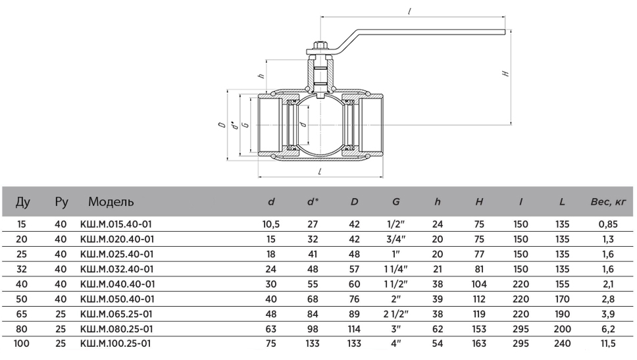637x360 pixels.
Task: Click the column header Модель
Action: (x=111, y=201)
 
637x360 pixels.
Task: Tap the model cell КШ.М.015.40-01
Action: (x=116, y=224)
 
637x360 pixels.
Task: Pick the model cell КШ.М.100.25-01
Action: (x=116, y=343)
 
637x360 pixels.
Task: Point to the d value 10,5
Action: (x=271, y=224)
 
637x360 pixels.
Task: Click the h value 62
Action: (x=438, y=328)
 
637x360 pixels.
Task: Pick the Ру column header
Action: (x=61, y=201)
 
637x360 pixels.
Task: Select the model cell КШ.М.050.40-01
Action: (x=116, y=298)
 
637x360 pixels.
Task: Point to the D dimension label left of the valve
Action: (x=223, y=124)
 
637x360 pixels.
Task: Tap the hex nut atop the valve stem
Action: (x=319, y=47)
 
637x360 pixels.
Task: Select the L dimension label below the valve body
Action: (x=319, y=172)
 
